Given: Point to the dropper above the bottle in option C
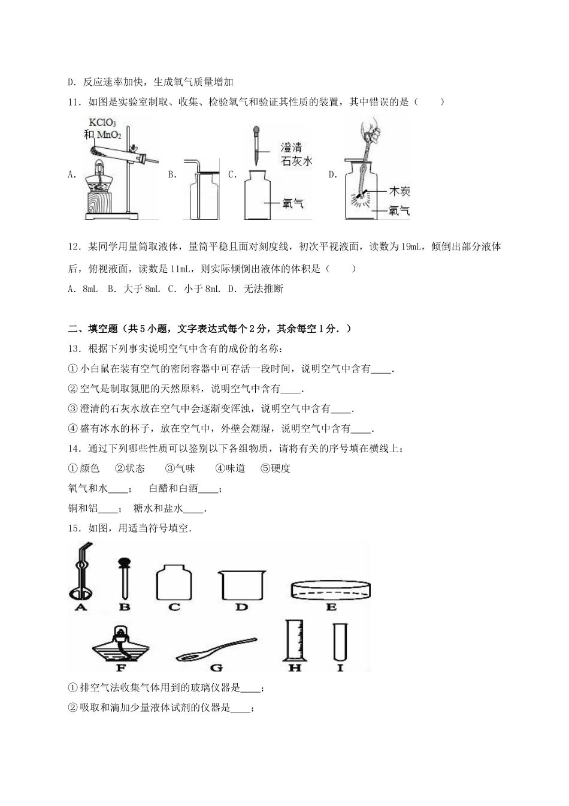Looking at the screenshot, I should tap(256, 144).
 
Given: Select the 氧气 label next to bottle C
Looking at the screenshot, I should tap(293, 203).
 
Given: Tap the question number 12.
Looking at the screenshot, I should tap(74, 246).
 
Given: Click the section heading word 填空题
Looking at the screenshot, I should tap(101, 328).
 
